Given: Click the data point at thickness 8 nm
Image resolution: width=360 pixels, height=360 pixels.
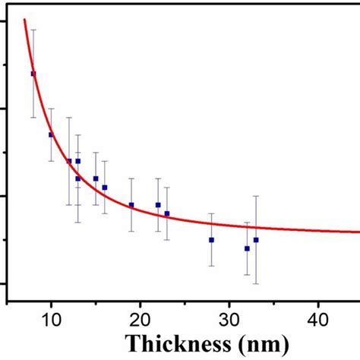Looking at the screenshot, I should click(33, 74).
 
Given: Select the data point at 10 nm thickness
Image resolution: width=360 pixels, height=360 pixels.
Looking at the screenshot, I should click(51, 134).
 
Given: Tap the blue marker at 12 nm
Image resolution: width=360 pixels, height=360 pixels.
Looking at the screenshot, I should click(69, 161).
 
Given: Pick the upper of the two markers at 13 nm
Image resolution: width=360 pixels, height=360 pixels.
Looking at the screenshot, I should click(77, 161).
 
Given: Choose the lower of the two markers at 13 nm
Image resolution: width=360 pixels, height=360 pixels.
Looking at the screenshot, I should click(77, 178).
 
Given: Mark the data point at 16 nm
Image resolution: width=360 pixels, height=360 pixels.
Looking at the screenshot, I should click(105, 188).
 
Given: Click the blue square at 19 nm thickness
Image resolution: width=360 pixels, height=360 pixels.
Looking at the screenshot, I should click(131, 205).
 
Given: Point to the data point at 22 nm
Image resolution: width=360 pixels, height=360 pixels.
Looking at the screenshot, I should click(158, 205).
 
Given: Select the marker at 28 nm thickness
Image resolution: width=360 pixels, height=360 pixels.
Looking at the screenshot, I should click(211, 240).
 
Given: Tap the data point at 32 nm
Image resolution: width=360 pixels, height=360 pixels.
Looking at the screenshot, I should click(247, 248).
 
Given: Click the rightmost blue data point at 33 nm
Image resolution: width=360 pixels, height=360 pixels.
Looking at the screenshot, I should click(256, 240).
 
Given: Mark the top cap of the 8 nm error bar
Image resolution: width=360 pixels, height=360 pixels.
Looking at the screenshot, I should click(33, 30).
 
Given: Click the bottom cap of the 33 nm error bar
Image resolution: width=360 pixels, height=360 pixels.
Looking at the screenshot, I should click(256, 284).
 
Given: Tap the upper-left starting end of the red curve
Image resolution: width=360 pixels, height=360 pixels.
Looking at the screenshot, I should click(24, 20).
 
